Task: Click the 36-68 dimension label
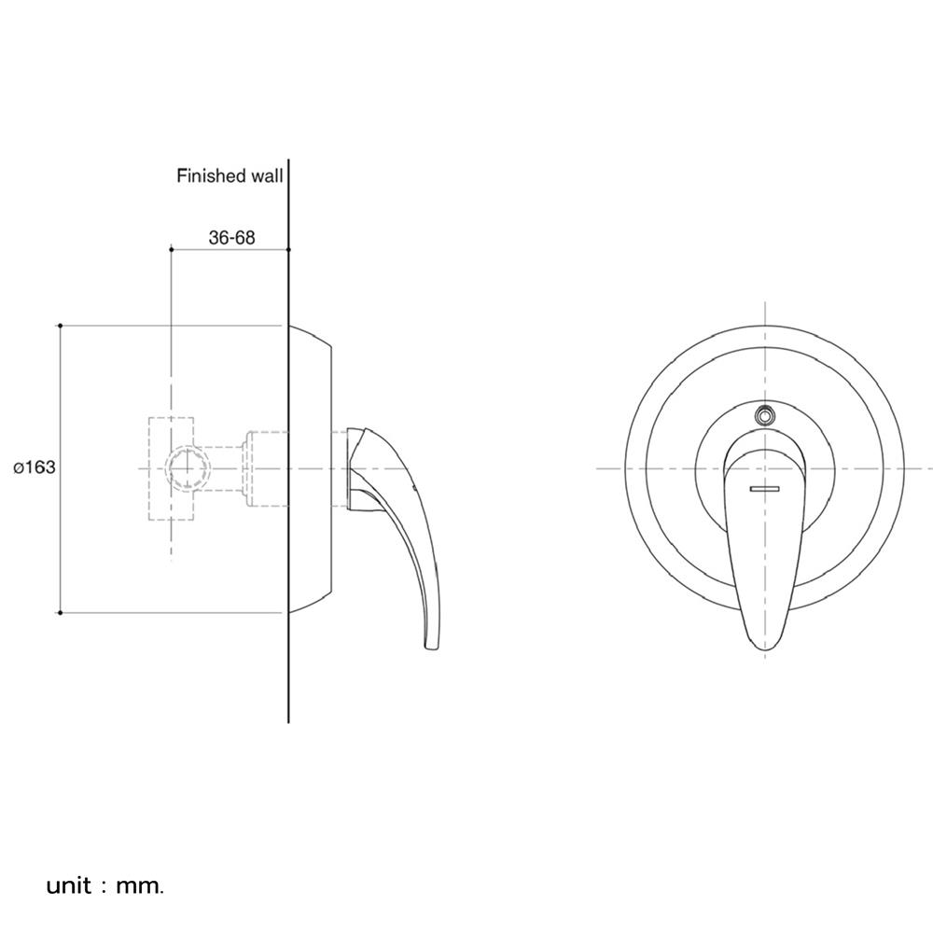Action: coord(231,237)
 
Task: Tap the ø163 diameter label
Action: coord(35,467)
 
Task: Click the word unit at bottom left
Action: coord(69,886)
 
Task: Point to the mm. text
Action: coord(140,886)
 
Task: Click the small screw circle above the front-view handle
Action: coord(765,415)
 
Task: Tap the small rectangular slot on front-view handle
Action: coord(765,489)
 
